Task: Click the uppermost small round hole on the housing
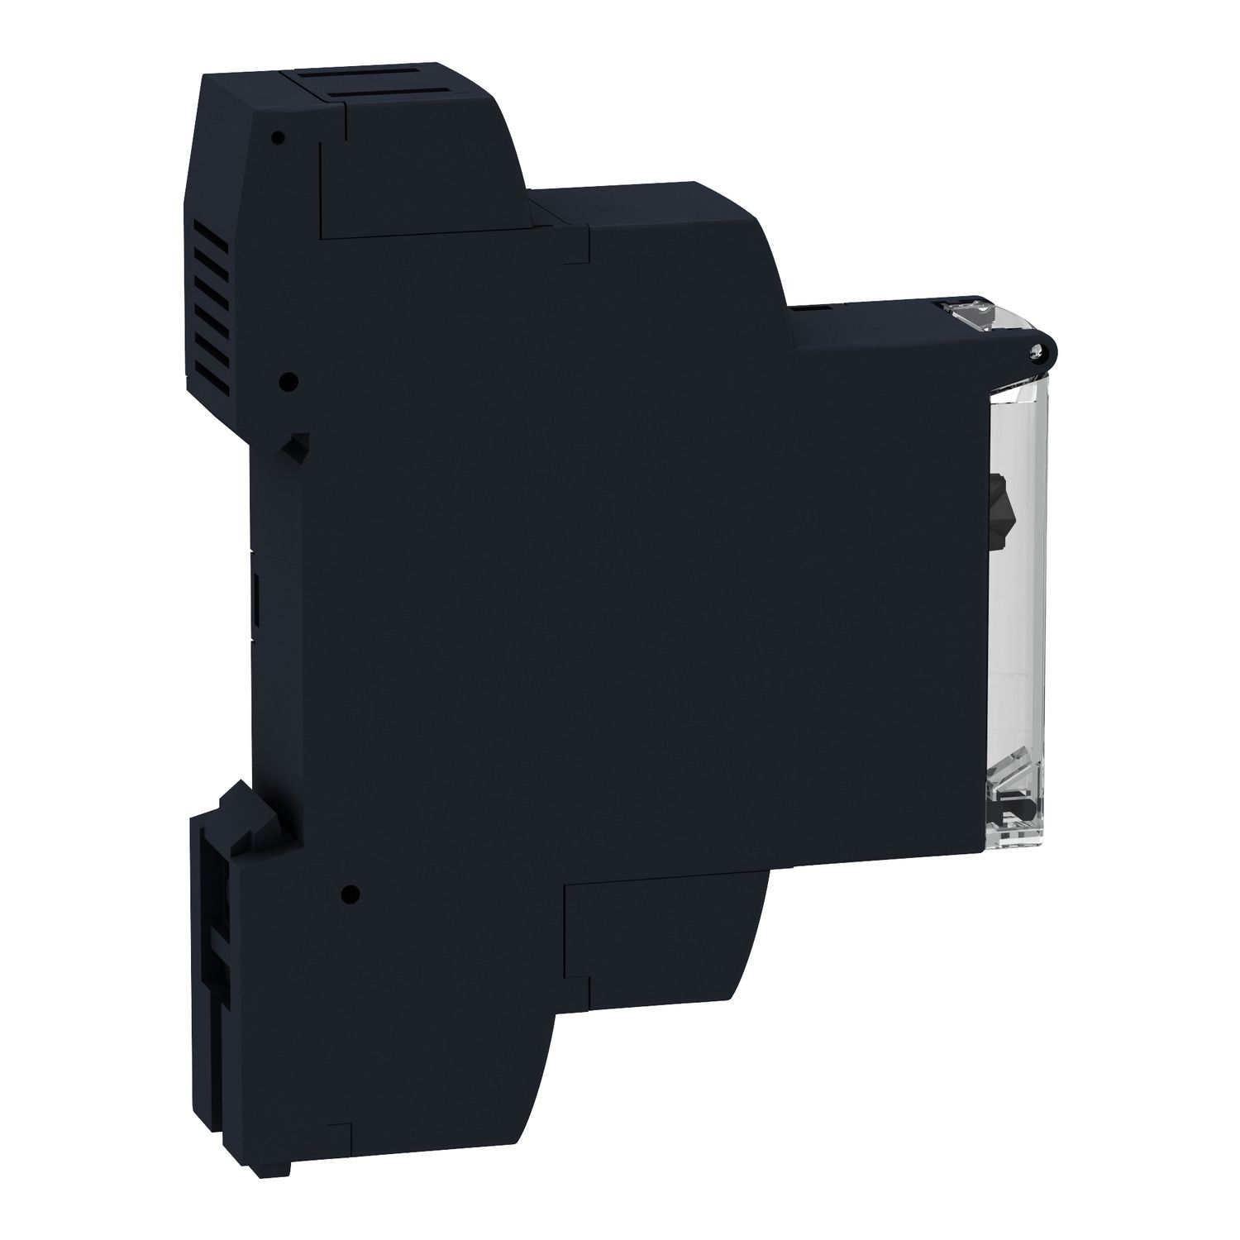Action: (278, 136)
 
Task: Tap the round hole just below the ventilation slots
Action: (289, 381)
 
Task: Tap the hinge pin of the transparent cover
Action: (1034, 353)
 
